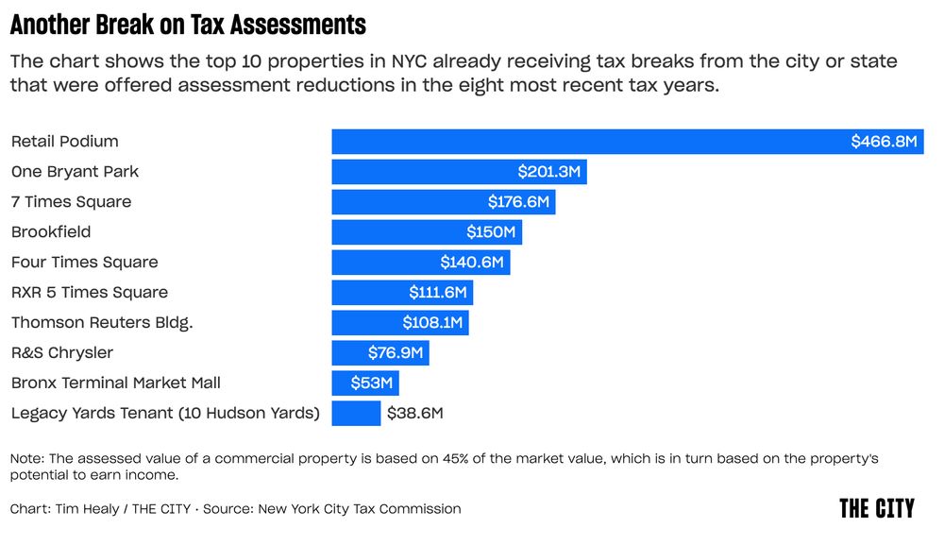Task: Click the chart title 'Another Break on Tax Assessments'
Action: tap(188, 24)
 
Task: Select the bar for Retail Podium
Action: tap(585, 142)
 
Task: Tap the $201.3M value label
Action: tap(550, 172)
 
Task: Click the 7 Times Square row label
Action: tap(71, 202)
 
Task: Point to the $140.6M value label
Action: tap(472, 263)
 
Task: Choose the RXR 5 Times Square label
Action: tap(89, 293)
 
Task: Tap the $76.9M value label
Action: tap(395, 353)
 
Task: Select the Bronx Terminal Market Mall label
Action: tap(115, 383)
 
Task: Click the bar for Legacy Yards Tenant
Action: tap(356, 414)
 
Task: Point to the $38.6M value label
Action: tap(415, 414)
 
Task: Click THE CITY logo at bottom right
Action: tap(876, 508)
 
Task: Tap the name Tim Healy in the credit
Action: tap(86, 509)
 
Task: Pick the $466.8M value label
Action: tap(884, 142)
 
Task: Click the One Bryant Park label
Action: tap(75, 172)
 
